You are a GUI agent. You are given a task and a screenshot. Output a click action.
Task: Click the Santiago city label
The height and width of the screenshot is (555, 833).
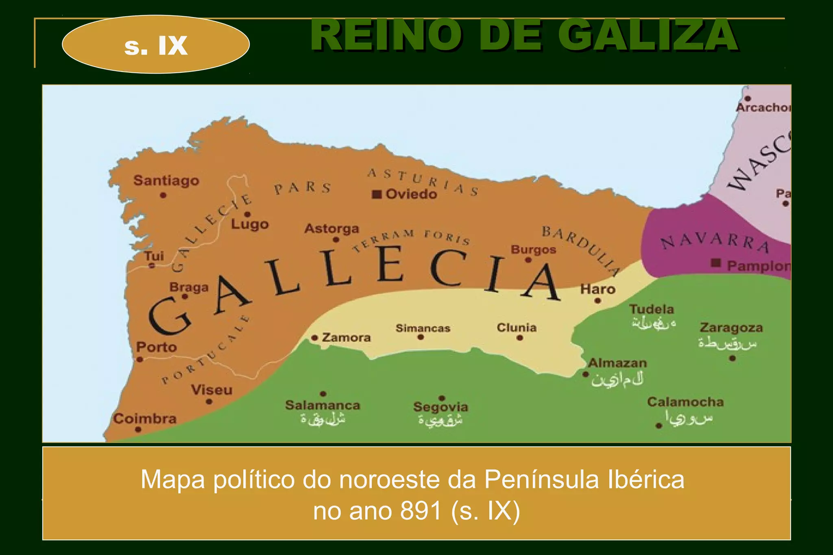click(166, 180)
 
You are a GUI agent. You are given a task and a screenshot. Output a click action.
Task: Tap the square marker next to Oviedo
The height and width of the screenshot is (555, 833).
click(377, 194)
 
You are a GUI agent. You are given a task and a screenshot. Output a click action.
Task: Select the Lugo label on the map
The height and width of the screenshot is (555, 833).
click(250, 224)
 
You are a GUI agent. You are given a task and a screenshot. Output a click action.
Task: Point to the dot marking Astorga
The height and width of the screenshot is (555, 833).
click(336, 240)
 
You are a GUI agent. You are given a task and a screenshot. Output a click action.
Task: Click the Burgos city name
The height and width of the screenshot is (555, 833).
click(533, 249)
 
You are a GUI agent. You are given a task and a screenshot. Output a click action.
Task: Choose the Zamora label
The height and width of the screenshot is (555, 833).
click(346, 337)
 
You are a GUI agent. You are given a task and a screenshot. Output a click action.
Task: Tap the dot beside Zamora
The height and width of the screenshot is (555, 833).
click(314, 338)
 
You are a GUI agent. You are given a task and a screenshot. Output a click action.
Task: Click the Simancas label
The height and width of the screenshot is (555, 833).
click(423, 328)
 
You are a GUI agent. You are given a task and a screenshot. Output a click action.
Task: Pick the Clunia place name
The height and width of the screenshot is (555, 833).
click(517, 327)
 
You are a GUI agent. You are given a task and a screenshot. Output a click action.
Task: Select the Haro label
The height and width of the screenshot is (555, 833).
click(597, 289)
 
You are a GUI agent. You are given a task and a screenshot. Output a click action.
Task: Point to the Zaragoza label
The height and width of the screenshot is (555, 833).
click(731, 328)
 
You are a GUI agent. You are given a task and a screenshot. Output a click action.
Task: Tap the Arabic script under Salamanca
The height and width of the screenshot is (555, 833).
click(323, 419)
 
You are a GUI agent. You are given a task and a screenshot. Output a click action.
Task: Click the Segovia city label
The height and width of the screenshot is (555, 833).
click(440, 407)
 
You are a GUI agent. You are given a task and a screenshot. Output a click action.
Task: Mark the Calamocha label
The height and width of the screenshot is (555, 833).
click(685, 402)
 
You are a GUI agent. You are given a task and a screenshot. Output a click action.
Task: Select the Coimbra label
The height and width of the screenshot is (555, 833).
click(145, 418)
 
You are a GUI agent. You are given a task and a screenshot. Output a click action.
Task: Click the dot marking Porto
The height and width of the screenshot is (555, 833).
click(140, 359)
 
